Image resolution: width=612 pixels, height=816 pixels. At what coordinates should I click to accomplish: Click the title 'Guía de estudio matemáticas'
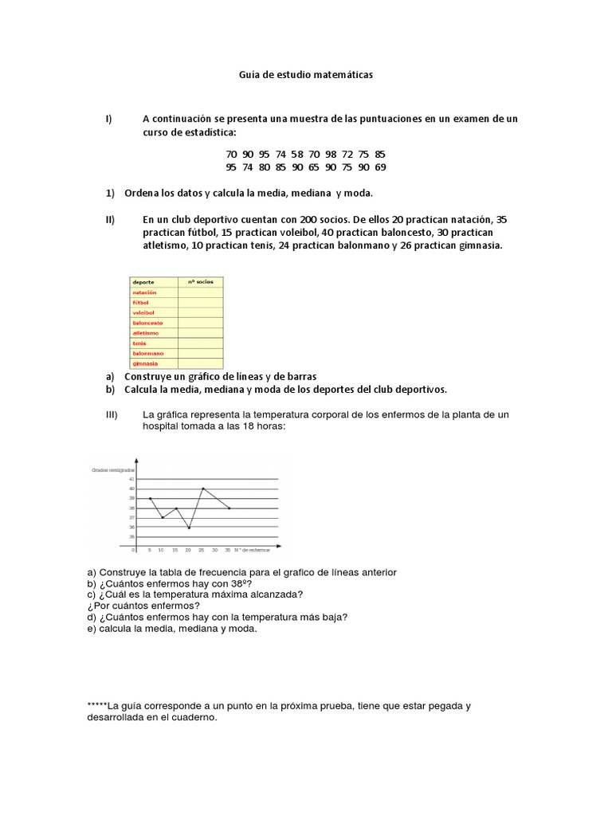coord(305,74)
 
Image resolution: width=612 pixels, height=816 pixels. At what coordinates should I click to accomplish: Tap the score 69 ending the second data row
coord(379,167)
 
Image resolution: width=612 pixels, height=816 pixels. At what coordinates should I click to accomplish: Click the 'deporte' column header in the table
coord(144,282)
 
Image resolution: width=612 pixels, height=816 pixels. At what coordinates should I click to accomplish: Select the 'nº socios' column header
coord(197,282)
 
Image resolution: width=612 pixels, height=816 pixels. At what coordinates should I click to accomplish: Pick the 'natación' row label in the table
coord(145,292)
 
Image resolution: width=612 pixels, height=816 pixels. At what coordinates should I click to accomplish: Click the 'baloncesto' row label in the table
coord(148,323)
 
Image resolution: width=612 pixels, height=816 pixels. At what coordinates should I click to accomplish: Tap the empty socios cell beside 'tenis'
coord(201,343)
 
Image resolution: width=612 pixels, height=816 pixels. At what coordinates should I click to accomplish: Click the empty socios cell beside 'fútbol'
coord(201,303)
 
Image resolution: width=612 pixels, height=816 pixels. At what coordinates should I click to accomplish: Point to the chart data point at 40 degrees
coord(203,488)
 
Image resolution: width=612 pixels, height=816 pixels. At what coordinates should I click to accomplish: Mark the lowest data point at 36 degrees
coord(189,528)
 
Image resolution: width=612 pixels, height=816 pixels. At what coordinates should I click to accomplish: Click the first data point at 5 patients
coord(150,498)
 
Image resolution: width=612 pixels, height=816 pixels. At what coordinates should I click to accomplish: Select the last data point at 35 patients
coord(229,508)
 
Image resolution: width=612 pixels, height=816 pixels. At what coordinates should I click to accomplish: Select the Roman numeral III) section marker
coord(111,414)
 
